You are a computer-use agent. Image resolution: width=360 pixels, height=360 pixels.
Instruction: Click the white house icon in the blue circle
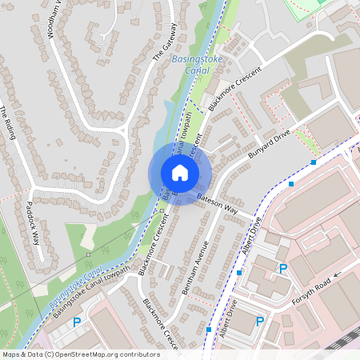point(179,173)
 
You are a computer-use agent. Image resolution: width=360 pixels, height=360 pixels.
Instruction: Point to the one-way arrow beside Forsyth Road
point(336,274)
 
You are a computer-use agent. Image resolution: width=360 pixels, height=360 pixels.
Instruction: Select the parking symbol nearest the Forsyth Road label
point(282,269)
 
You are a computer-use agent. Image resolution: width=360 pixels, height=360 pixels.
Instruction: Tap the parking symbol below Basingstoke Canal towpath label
point(77,322)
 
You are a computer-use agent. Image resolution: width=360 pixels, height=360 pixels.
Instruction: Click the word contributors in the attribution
point(138,354)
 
